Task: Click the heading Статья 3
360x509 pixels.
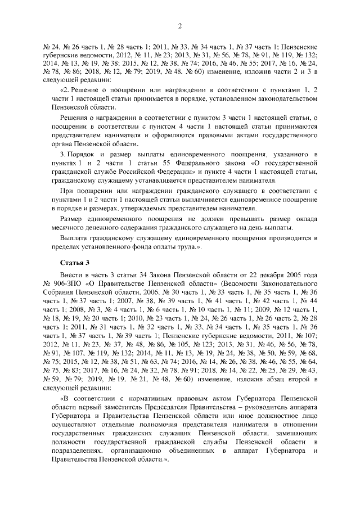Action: pyautogui.click(x=74, y=263)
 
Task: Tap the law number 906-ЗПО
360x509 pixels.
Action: pyautogui.click(x=65, y=285)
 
